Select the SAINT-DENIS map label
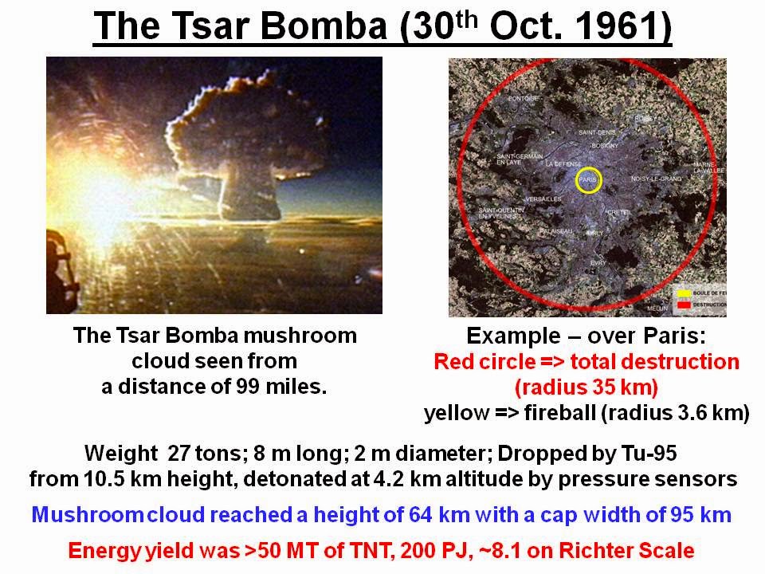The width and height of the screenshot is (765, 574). pos(597,132)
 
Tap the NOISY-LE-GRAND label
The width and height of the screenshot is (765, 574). pos(656,179)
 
